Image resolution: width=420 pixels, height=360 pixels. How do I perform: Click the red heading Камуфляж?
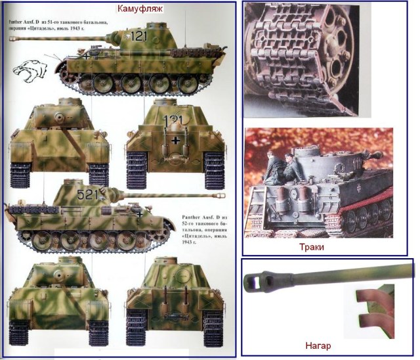click(140, 9)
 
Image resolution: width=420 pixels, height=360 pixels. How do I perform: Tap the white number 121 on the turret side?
click(138, 37)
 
